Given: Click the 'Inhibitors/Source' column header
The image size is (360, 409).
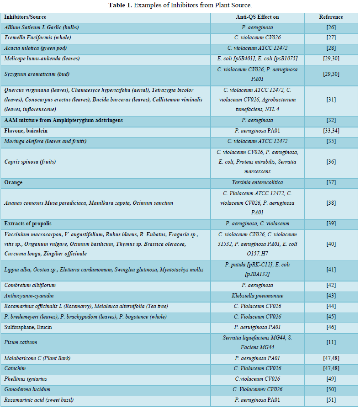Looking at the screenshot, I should [25, 17].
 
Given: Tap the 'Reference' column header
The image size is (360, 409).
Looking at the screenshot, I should [331, 17].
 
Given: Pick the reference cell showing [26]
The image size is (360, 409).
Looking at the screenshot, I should [331, 27].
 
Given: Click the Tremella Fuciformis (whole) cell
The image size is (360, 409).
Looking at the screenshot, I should [37, 37].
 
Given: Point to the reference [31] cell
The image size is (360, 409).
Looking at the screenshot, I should [331, 100].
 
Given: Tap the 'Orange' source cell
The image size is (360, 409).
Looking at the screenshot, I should [14, 182].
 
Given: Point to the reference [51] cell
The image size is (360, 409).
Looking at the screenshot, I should [331, 400].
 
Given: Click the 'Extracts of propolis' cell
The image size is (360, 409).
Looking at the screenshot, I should [28, 223].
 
